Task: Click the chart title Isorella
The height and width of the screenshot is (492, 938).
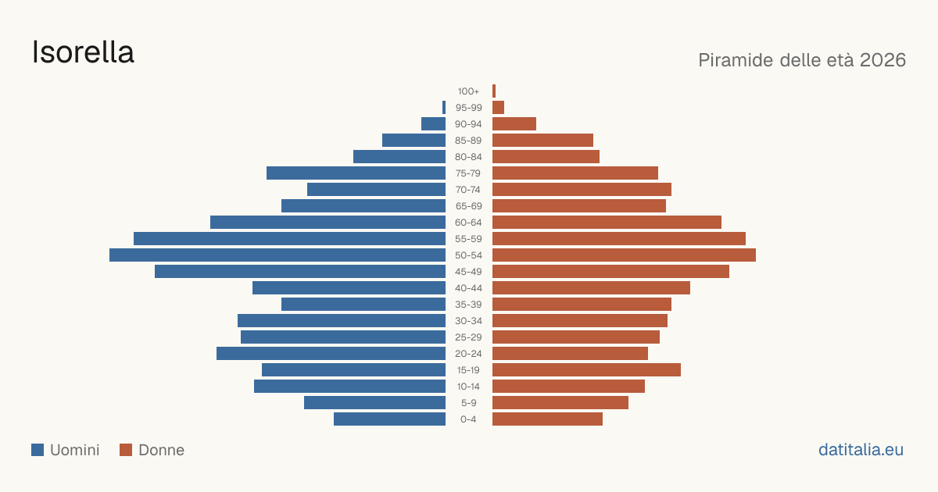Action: [x=83, y=52]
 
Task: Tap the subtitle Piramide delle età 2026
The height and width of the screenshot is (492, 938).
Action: [x=802, y=60]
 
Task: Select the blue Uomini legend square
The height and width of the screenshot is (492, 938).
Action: [x=38, y=450]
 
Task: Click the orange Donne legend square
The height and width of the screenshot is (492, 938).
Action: [x=126, y=450]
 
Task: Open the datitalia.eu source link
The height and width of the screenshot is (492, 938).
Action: [x=861, y=450]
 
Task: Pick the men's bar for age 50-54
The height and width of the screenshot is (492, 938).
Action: [x=277, y=255]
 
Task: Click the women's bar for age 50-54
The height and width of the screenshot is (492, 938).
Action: [x=624, y=255]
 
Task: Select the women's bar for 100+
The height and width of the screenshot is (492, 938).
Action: [x=494, y=91]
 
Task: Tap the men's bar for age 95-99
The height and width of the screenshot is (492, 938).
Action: [x=444, y=108]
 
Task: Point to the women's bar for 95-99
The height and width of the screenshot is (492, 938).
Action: [x=499, y=108]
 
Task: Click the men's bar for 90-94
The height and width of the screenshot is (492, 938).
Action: [x=433, y=124]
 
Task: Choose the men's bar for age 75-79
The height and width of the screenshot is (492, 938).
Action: [x=356, y=173]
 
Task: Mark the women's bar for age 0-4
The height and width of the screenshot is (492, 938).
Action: [x=547, y=419]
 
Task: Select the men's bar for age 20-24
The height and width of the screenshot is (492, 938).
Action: [x=331, y=354]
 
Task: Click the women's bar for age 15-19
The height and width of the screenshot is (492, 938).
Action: [x=587, y=370]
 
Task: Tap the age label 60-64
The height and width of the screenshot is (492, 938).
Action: [x=468, y=223]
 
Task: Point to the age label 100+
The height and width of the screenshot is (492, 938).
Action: [x=468, y=91]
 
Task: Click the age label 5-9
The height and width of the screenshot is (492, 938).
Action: [x=468, y=403]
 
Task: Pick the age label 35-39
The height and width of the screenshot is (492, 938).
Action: [x=468, y=305]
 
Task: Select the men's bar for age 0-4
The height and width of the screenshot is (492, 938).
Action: [x=389, y=419]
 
